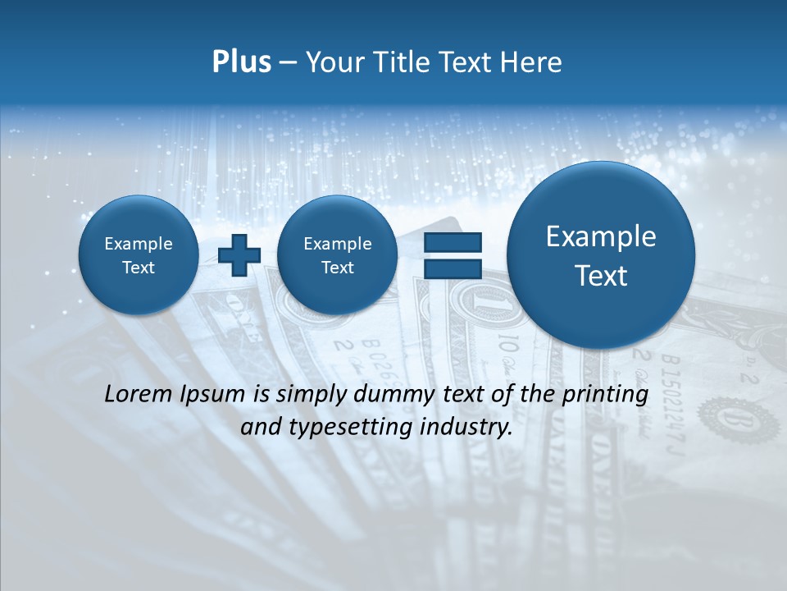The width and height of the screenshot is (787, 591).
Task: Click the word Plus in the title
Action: (241, 62)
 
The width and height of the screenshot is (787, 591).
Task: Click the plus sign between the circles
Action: (239, 255)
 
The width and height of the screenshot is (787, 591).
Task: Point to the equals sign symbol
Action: (453, 256)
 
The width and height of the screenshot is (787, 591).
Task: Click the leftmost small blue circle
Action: (138, 255)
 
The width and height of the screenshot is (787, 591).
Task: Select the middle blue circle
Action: (337, 255)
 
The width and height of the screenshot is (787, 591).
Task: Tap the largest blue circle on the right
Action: (601, 255)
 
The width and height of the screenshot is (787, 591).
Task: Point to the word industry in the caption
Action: (471, 427)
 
